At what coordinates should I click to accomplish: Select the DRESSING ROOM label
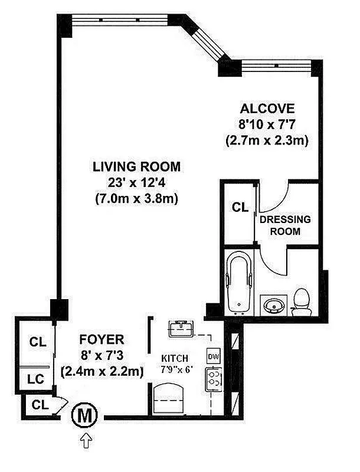point(285,225)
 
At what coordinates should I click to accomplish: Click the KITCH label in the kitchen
point(175,358)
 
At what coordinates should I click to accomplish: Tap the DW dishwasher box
point(213,356)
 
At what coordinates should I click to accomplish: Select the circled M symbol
point(84,416)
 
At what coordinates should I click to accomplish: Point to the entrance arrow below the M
point(84,439)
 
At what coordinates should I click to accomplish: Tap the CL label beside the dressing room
point(238,208)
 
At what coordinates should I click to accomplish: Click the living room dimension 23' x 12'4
point(136,183)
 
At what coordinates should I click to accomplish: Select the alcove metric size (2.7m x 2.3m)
point(267,141)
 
